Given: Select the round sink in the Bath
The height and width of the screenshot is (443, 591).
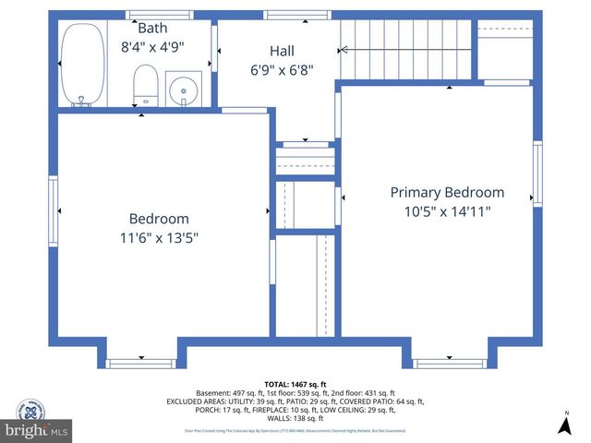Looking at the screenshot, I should [185, 90].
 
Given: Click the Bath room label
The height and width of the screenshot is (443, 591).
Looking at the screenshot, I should [152, 28].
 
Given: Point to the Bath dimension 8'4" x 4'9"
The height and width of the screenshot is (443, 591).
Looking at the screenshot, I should [152, 46].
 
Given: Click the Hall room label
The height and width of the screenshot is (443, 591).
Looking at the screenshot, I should [282, 51].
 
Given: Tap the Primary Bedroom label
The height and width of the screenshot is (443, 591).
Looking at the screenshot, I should [447, 192].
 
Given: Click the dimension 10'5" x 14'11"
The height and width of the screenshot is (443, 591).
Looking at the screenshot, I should [447, 211].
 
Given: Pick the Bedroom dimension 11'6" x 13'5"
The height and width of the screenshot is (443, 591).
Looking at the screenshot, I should [159, 237].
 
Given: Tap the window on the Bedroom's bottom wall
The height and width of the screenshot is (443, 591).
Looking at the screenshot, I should [140, 363].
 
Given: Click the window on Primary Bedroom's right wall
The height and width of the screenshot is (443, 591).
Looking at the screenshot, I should [537, 173].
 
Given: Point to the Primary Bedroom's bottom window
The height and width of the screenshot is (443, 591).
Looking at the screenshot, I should [449, 363].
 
